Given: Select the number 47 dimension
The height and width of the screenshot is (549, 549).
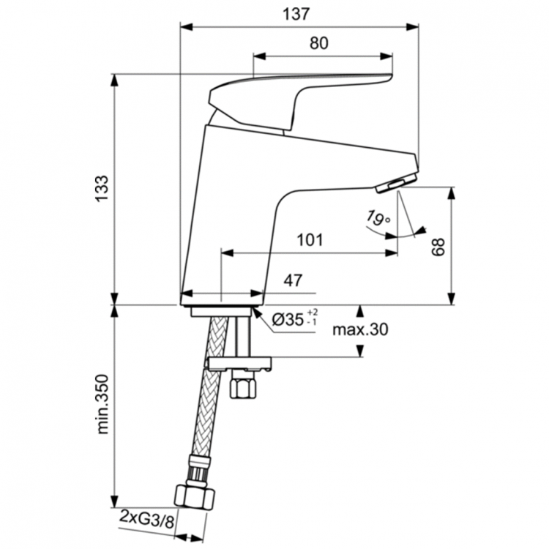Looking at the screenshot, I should (x=294, y=280).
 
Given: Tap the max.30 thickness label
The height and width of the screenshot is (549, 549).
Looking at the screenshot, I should (x=359, y=330).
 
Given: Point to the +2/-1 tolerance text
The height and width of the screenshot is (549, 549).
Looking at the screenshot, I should (x=312, y=317).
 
